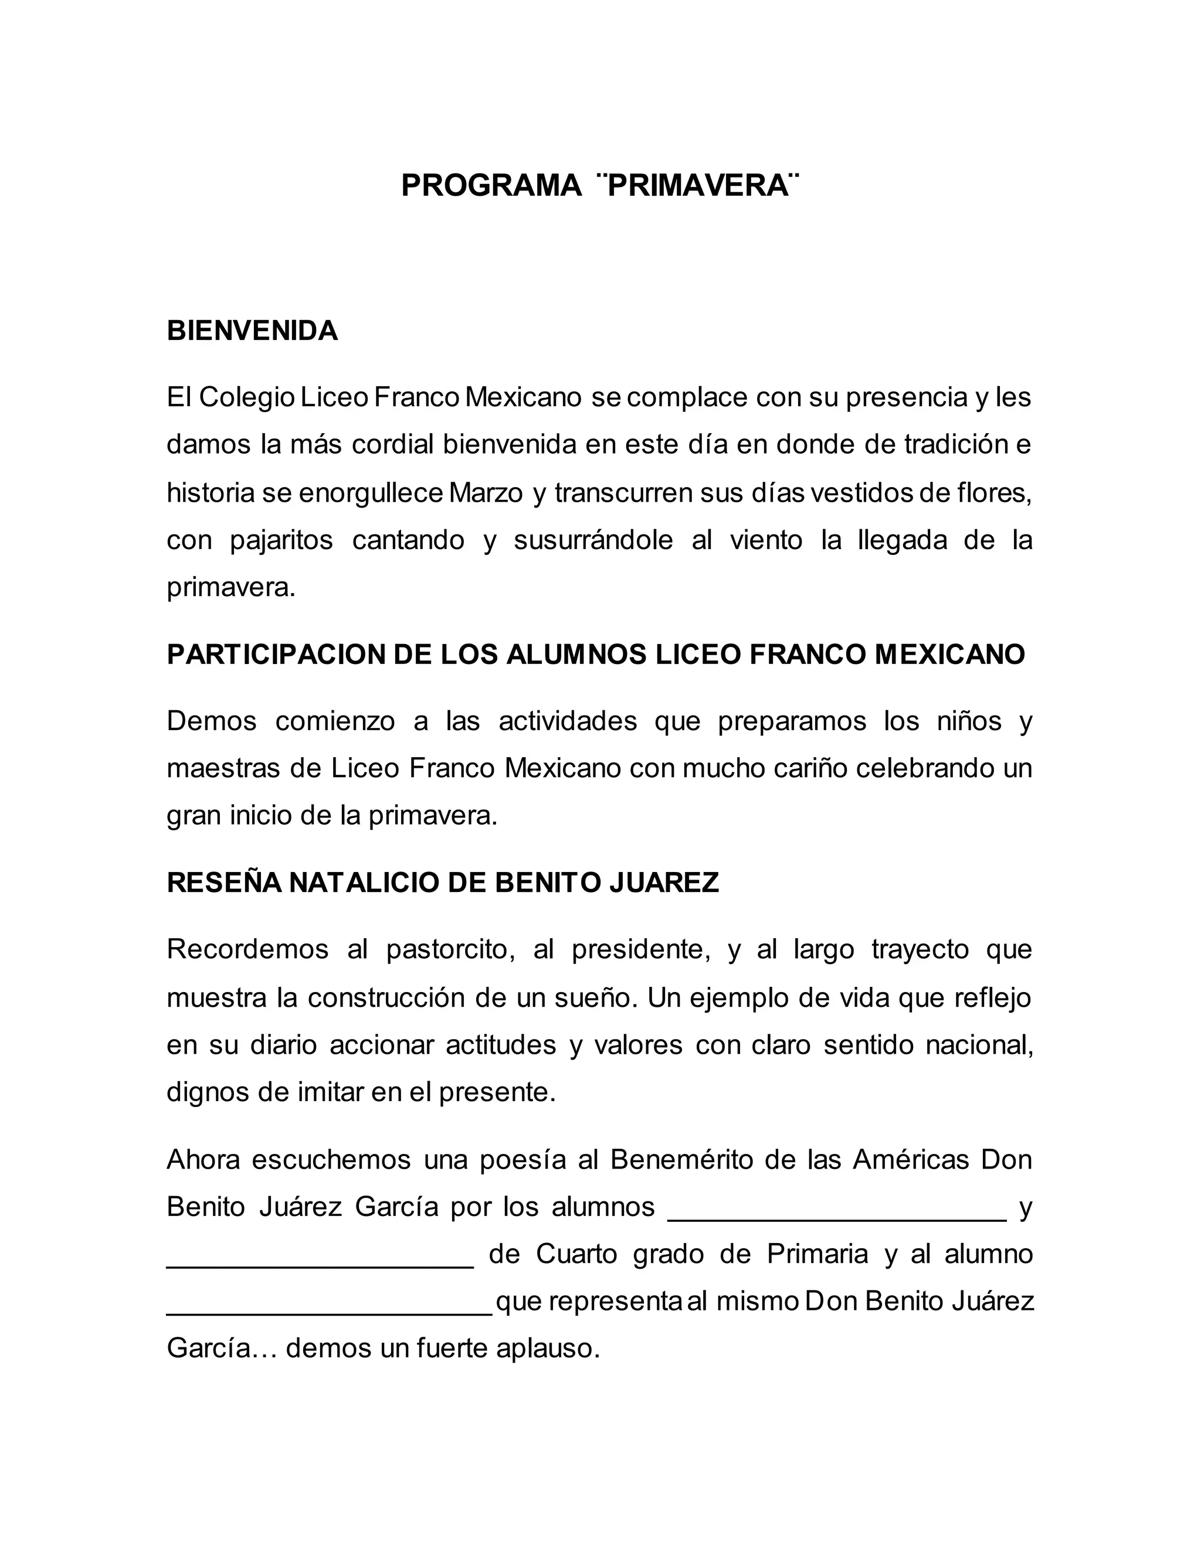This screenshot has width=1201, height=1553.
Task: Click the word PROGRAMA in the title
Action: (x=491, y=186)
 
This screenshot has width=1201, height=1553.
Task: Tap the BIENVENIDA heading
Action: (x=252, y=331)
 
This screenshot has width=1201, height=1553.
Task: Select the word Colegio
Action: (x=246, y=397)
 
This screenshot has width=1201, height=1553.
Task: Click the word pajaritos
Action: (x=281, y=540)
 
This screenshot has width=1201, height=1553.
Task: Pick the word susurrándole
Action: (x=593, y=540)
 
